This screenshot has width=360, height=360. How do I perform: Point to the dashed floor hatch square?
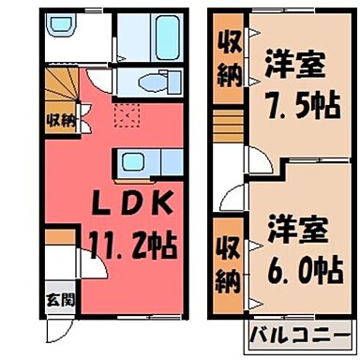pos(124,116)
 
